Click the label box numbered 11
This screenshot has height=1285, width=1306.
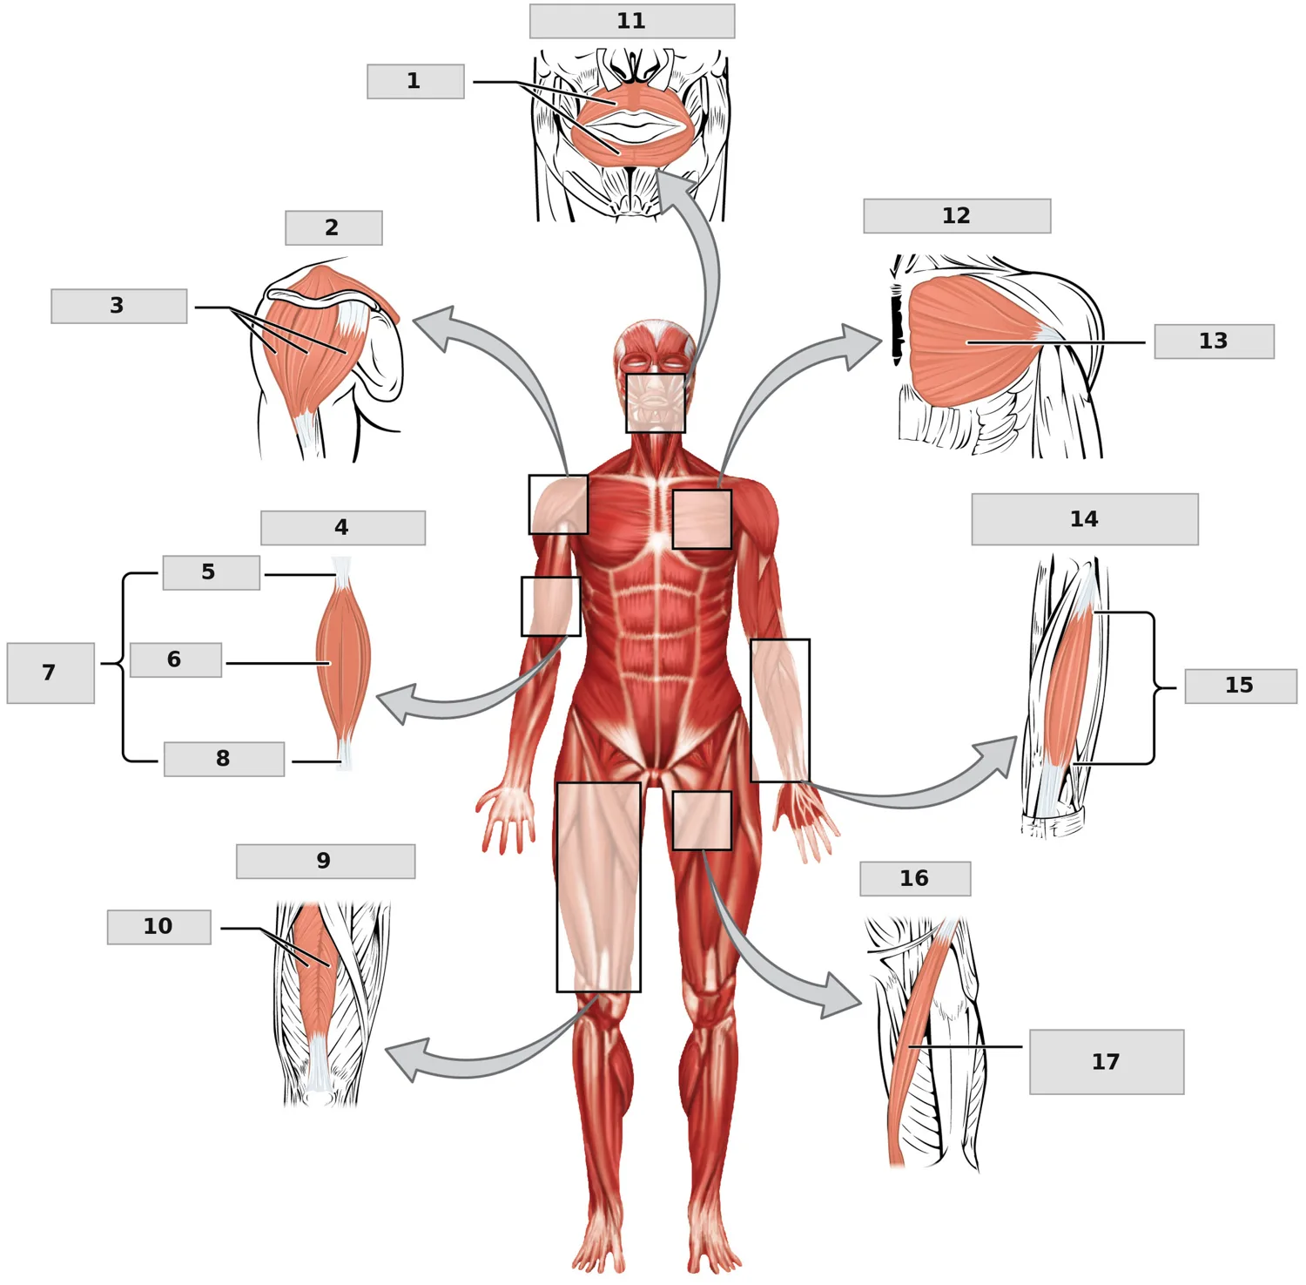(x=632, y=21)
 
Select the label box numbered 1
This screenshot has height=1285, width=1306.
(x=415, y=81)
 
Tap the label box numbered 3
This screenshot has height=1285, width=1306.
(x=119, y=306)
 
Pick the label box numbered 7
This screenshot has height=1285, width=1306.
(x=50, y=673)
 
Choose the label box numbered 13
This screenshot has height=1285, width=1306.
(x=1214, y=341)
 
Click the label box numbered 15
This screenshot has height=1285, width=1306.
(x=1241, y=686)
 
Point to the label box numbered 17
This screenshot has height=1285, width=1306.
(x=1107, y=1062)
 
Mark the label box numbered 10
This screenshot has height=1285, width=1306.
(x=159, y=927)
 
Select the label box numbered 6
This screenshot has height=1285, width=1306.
(x=176, y=659)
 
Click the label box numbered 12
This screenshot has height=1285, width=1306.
(x=957, y=215)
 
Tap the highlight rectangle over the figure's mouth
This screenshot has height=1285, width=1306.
(x=656, y=402)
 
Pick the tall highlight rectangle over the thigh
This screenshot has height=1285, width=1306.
(x=599, y=887)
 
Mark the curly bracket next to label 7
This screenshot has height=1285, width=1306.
(x=122, y=667)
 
